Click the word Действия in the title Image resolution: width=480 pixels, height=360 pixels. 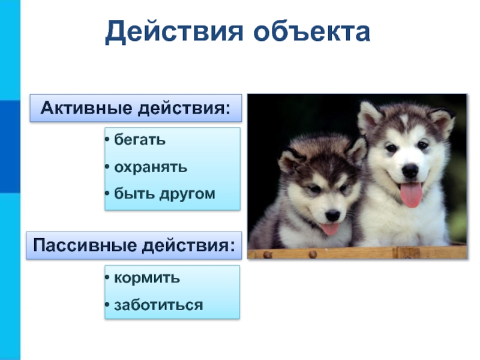click(174, 32)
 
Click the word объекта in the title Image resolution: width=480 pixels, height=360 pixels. click(312, 31)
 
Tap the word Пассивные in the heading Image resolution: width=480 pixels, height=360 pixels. click(85, 245)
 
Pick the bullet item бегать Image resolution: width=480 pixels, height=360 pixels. click(140, 140)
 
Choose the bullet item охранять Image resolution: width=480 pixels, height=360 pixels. click(151, 167)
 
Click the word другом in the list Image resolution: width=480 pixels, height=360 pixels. click(187, 194)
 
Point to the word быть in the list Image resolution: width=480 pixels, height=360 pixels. click(134, 193)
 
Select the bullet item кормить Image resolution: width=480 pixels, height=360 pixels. click(147, 278)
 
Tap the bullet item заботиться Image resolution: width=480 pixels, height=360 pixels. click(158, 305)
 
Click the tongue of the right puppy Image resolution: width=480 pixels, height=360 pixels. click(411, 194)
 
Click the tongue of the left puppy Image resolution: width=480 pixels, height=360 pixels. click(329, 229)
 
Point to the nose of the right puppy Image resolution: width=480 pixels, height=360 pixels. click(410, 170)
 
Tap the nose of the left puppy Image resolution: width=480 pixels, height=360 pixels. click(332, 215)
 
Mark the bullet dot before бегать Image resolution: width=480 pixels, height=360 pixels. click(107, 140)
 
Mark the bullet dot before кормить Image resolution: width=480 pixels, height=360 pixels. click(107, 278)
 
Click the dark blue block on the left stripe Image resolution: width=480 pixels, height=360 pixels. click(10, 146)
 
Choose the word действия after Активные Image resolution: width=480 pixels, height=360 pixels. click(184, 109)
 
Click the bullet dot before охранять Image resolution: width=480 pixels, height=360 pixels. click(107, 167)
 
